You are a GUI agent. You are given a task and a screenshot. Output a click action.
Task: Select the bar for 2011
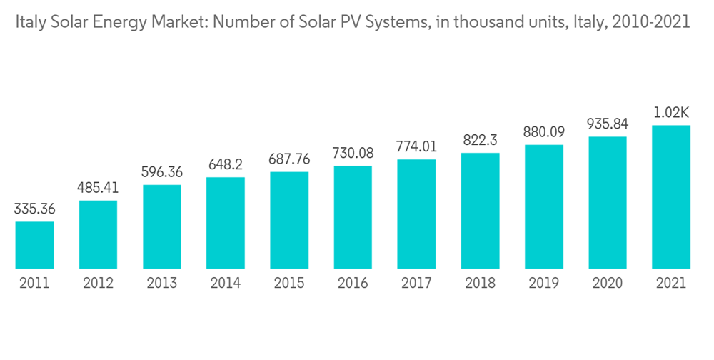click(34, 245)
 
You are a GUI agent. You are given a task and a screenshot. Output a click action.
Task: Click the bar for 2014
click(226, 223)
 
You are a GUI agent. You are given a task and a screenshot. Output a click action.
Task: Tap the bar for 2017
click(416, 214)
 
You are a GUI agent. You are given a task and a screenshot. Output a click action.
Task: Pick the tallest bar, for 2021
click(671, 197)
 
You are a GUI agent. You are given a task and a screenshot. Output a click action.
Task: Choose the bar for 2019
click(544, 206)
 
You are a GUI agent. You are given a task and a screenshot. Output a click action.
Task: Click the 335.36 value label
click(34, 210)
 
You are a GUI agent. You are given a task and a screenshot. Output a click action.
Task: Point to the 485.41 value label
click(99, 189)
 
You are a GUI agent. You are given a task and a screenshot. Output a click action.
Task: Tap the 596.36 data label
click(162, 173)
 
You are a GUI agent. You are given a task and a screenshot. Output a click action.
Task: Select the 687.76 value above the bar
click(289, 159)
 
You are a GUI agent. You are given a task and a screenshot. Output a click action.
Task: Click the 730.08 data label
click(353, 154)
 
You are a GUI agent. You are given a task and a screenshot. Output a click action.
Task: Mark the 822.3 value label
click(480, 140)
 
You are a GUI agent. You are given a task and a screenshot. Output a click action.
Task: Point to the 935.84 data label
click(608, 124)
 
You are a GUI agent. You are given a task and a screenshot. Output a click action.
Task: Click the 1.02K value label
click(671, 112)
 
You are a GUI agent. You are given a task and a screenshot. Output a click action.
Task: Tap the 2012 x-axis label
click(99, 284)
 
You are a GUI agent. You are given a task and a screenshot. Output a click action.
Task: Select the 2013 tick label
click(162, 284)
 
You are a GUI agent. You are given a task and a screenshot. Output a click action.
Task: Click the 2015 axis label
click(289, 284)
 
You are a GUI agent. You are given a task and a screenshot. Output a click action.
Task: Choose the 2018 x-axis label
click(480, 284)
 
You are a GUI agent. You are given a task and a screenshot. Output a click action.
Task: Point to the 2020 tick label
click(608, 284)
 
